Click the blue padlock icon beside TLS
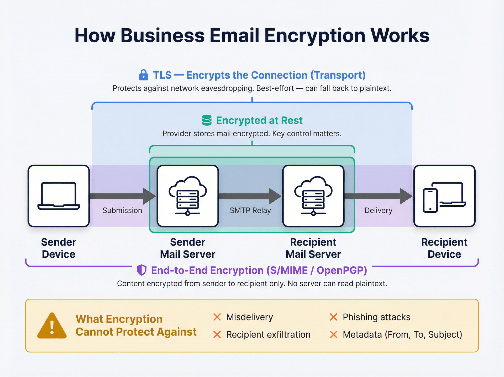pos(143,75)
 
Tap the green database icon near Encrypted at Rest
pos(207,120)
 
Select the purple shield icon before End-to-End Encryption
pos(141,270)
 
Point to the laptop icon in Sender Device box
pos(59,196)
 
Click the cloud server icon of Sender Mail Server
pos(187,196)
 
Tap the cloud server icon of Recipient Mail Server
pos(313,196)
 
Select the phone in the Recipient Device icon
pos(430,200)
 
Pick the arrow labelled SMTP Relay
pos(250,196)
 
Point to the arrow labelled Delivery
pos(378,196)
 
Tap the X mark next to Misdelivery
pos(217,317)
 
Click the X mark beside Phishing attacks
pos(333,317)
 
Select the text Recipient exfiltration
pos(268,334)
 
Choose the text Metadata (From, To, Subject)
pos(402,334)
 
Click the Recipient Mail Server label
pos(313,248)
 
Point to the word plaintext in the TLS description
pos(375,88)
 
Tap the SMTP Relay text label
pos(250,210)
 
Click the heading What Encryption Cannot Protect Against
pos(136,325)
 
